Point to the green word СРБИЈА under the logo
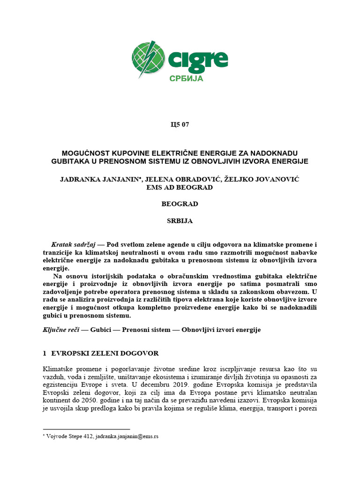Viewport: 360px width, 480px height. point(186,78)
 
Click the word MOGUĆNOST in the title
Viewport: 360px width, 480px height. point(86,153)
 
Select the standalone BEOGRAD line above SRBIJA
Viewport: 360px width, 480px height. point(180,204)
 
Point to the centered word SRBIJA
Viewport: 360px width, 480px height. point(180,220)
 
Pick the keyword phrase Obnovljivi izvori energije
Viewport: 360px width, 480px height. point(222,330)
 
